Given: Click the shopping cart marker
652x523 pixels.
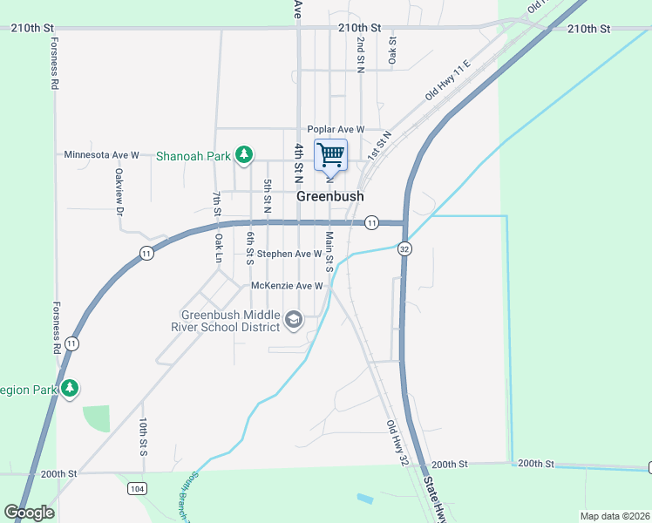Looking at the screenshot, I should click(330, 156).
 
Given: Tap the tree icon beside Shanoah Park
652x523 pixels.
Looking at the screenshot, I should click(245, 155).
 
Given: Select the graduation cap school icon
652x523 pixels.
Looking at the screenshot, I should click(294, 322).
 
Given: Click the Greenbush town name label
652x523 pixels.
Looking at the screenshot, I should click(330, 196).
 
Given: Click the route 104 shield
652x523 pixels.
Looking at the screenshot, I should click(136, 489).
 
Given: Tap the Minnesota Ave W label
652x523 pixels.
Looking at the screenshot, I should click(102, 155).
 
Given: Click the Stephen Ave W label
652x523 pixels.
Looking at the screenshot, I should click(284, 255).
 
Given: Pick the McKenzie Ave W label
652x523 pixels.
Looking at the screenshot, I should click(288, 286).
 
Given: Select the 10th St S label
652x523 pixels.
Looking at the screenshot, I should click(142, 437).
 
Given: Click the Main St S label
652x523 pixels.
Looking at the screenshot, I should click(329, 248).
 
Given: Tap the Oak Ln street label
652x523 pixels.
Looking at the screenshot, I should click(219, 248).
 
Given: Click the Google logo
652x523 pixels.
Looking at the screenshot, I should click(29, 513).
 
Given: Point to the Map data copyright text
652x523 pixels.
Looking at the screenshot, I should click(615, 516).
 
